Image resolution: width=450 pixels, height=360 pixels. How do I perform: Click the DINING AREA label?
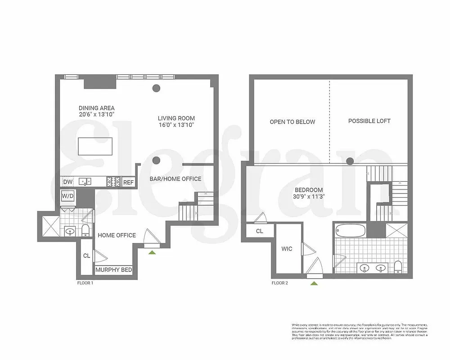96,108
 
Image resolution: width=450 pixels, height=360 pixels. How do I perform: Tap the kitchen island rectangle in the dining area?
94,146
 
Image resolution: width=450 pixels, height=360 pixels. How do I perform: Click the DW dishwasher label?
68,182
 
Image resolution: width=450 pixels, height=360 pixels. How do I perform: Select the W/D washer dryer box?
68,196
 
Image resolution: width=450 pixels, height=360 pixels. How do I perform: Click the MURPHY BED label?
113,270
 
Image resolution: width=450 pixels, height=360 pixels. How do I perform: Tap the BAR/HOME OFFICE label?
175,179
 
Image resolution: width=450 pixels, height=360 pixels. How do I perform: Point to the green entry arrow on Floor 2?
314,283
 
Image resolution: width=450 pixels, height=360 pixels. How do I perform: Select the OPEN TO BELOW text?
292,121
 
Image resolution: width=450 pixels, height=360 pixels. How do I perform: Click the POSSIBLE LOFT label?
369,121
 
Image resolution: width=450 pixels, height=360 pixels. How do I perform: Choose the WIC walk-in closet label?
287,249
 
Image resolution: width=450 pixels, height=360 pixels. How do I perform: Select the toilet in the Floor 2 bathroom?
398,266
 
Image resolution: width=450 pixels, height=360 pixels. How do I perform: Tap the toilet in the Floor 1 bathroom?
85,230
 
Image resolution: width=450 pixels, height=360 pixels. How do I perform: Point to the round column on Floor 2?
349,160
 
